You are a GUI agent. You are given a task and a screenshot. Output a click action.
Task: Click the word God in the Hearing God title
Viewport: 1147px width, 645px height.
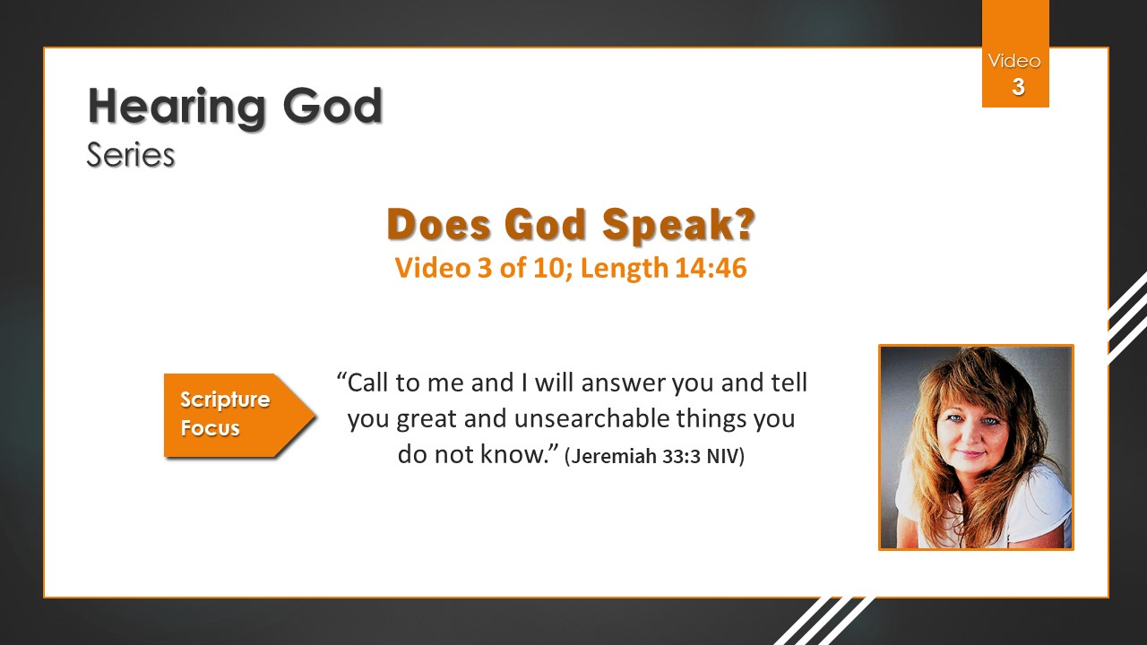(x=332, y=106)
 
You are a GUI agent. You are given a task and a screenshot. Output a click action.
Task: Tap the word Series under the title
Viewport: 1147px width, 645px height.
(x=131, y=155)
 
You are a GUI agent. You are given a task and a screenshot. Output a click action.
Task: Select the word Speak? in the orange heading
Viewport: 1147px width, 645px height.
(x=678, y=225)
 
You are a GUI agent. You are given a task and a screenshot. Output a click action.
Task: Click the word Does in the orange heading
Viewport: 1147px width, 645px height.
(x=438, y=224)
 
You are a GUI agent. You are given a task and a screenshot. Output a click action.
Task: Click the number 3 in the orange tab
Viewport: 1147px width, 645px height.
(x=1018, y=87)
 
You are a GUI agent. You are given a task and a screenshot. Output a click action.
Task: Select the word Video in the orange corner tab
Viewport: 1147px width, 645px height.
(x=1014, y=62)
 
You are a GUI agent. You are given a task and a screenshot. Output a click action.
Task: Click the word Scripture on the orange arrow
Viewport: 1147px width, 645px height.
(x=225, y=400)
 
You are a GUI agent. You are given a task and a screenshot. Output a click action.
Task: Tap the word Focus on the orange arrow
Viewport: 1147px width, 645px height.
(x=210, y=428)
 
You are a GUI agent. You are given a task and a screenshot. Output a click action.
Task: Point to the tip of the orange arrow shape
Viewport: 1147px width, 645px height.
(x=315, y=415)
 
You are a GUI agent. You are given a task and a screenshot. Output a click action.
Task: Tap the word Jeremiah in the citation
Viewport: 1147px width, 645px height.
(x=614, y=456)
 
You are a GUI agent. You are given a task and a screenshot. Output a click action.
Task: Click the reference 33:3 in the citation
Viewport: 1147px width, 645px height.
(x=682, y=456)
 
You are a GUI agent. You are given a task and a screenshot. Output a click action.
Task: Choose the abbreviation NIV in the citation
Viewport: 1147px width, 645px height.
(x=721, y=456)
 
